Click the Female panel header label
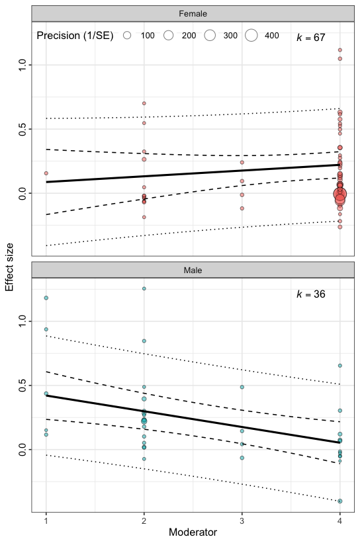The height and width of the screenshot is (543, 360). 193,14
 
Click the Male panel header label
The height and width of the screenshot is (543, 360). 193,270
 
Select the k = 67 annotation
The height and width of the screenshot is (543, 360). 310,38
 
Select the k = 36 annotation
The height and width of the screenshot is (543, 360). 310,294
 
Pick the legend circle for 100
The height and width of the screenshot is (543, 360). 127,36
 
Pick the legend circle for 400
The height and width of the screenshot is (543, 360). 251,36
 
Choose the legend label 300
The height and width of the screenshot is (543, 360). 230,36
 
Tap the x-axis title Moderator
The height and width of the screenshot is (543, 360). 193,532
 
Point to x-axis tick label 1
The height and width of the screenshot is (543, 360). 46,520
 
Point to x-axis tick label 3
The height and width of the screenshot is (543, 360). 242,520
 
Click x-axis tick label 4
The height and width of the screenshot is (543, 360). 339,520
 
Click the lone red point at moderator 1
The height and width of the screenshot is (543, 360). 46,173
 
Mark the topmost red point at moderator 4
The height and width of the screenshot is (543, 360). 339,50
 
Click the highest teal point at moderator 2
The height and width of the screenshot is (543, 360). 144,288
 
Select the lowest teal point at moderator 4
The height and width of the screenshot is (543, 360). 339,501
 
